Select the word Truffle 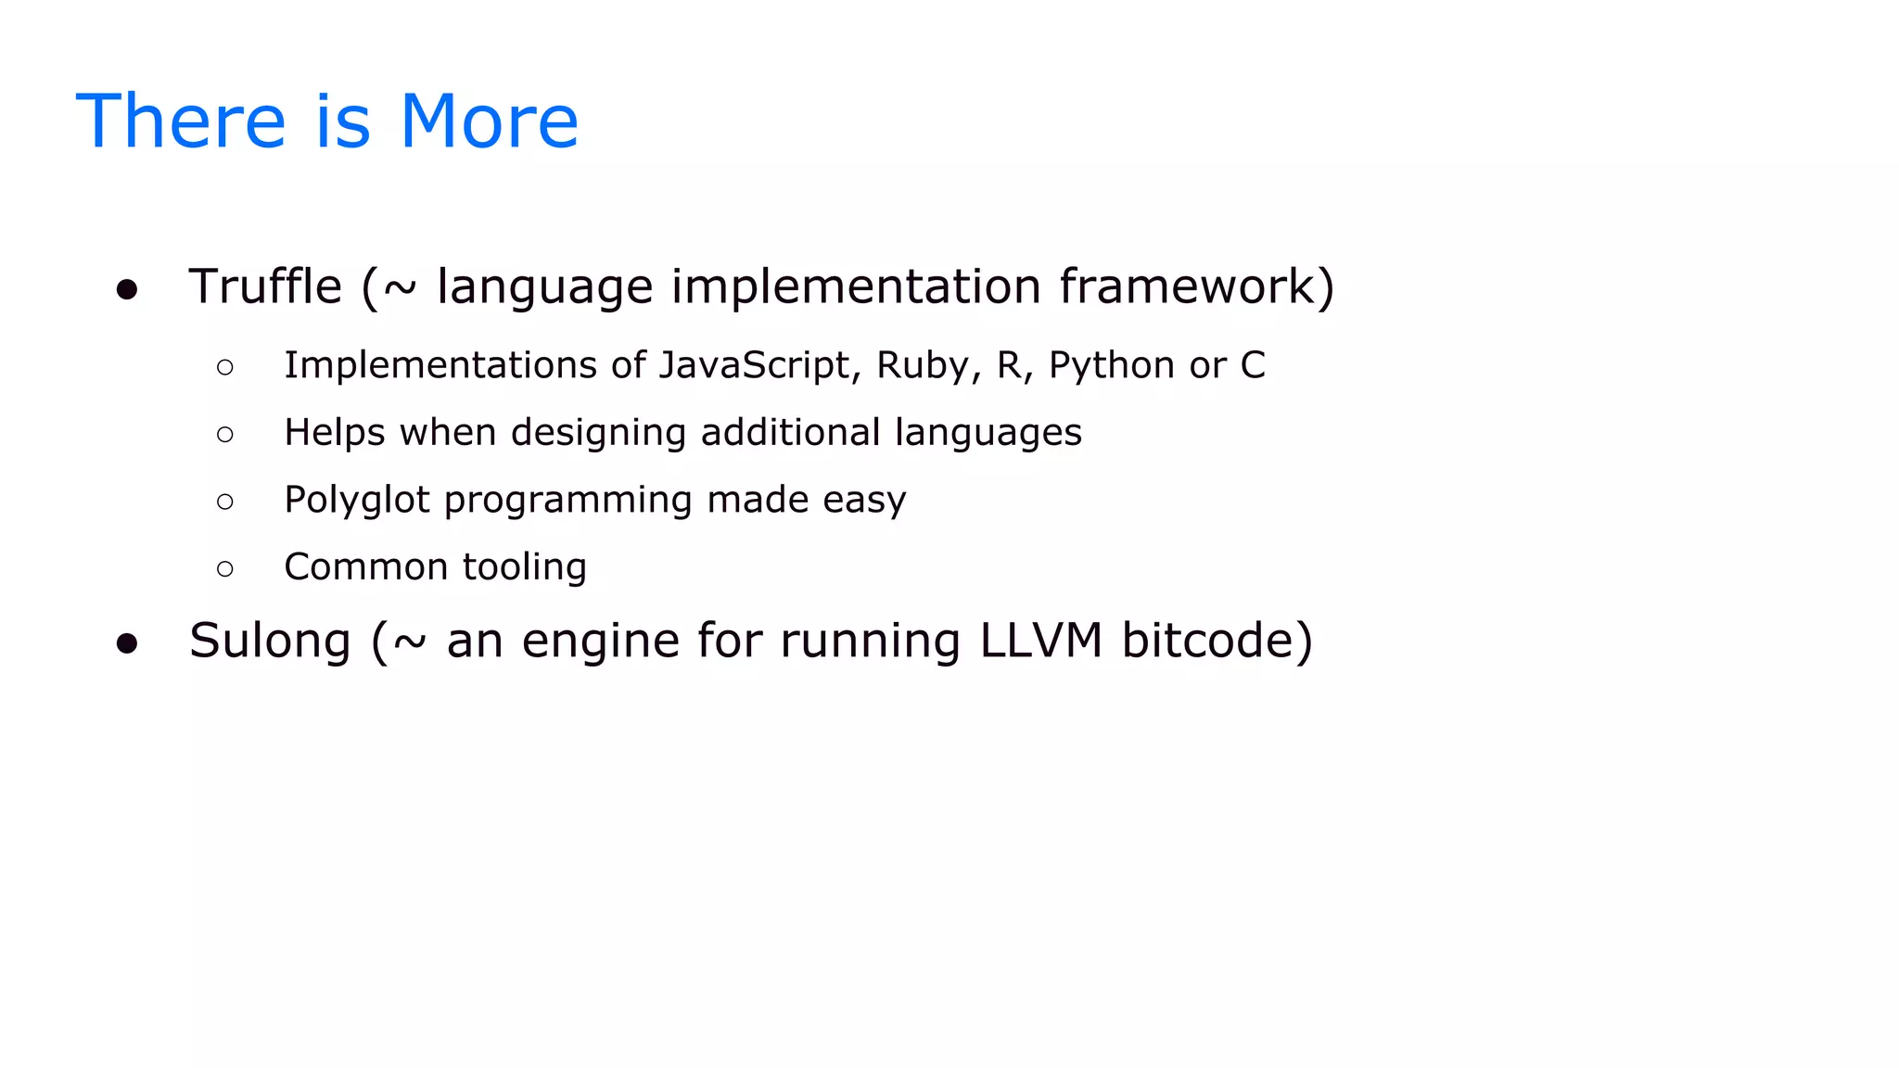[265, 286]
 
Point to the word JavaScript [754, 365]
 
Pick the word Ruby [922, 365]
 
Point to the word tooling [524, 567]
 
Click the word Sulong [270, 642]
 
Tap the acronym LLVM [1041, 641]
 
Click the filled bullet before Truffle [127, 290]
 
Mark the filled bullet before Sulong [127, 644]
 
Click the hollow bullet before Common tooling [225, 569]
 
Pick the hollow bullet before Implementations [225, 368]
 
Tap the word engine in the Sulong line [600, 642]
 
